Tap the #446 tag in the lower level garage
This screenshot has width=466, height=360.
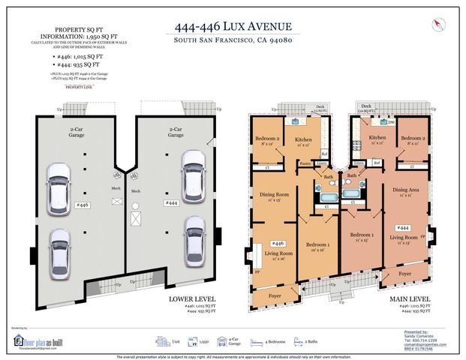(x=83, y=204)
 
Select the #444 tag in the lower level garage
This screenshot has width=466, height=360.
(x=171, y=202)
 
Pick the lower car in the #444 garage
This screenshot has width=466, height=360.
(x=194, y=236)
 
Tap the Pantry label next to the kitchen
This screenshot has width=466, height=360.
(x=305, y=163)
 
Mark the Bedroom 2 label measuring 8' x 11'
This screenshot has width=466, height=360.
(x=413, y=141)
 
